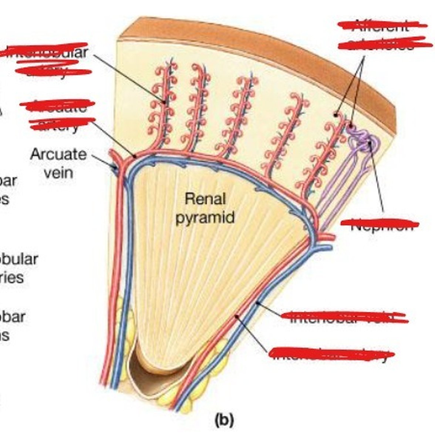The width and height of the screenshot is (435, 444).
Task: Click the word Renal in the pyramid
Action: click(x=205, y=199)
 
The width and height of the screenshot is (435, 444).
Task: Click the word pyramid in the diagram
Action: click(x=205, y=217)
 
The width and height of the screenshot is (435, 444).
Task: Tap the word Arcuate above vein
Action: click(x=58, y=154)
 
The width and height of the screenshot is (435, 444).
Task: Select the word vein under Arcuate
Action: click(x=58, y=172)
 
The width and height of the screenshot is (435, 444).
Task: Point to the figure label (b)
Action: click(x=225, y=420)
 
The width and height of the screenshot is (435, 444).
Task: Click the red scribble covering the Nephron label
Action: click(x=380, y=223)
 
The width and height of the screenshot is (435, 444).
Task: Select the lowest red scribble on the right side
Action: click(x=331, y=353)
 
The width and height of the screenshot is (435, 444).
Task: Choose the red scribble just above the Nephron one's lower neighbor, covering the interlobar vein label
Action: click(x=344, y=316)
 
